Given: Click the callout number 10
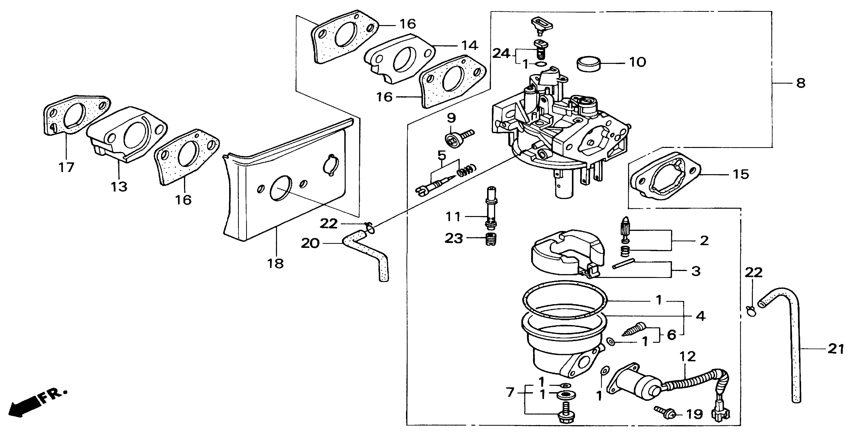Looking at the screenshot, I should pyautogui.click(x=638, y=62).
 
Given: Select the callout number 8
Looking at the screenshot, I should pyautogui.click(x=800, y=83).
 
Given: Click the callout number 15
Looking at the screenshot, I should pyautogui.click(x=741, y=174).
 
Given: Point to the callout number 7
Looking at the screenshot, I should pyautogui.click(x=510, y=393).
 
